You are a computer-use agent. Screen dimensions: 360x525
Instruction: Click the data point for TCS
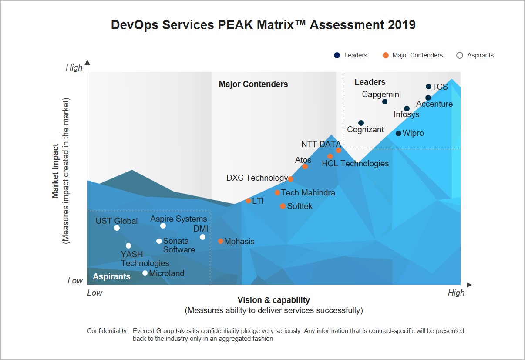click(x=428, y=87)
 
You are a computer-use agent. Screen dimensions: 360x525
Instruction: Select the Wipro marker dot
click(x=398, y=133)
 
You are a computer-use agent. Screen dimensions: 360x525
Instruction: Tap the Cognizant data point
click(x=361, y=123)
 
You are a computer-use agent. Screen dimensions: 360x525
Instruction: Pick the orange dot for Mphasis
click(x=221, y=241)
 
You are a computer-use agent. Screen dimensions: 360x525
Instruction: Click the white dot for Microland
click(x=145, y=273)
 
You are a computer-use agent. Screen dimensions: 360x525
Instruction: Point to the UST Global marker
click(x=117, y=228)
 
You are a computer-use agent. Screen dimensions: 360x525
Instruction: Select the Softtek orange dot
click(x=283, y=206)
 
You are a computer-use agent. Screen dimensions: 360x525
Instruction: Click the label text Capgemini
click(x=381, y=94)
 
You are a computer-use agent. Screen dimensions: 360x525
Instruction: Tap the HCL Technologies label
click(x=355, y=164)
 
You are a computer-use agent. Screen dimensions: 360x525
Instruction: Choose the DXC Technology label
click(x=257, y=178)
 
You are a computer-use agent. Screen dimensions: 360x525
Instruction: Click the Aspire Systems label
click(x=178, y=219)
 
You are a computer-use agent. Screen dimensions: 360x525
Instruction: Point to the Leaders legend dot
click(x=337, y=55)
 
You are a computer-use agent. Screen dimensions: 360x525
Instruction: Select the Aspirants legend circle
click(x=459, y=55)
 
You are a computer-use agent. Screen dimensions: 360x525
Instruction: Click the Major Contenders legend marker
click(x=385, y=55)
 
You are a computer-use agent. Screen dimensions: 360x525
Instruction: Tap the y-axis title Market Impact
click(x=56, y=171)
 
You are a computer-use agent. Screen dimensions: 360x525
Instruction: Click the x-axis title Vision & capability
click(x=273, y=300)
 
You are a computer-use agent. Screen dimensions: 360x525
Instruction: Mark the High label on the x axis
click(x=456, y=293)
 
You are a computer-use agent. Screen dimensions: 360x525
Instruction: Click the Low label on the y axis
click(x=75, y=281)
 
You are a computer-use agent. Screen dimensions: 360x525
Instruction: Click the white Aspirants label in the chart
click(x=111, y=276)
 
